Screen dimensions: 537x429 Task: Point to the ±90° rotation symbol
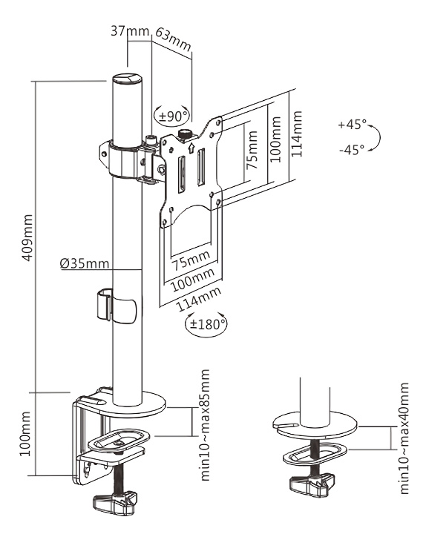[172, 116]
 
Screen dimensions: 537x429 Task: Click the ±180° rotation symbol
[206, 324]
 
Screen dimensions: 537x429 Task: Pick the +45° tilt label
[350, 125]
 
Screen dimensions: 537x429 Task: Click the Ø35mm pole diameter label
[84, 263]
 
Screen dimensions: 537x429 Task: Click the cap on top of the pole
[125, 79]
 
